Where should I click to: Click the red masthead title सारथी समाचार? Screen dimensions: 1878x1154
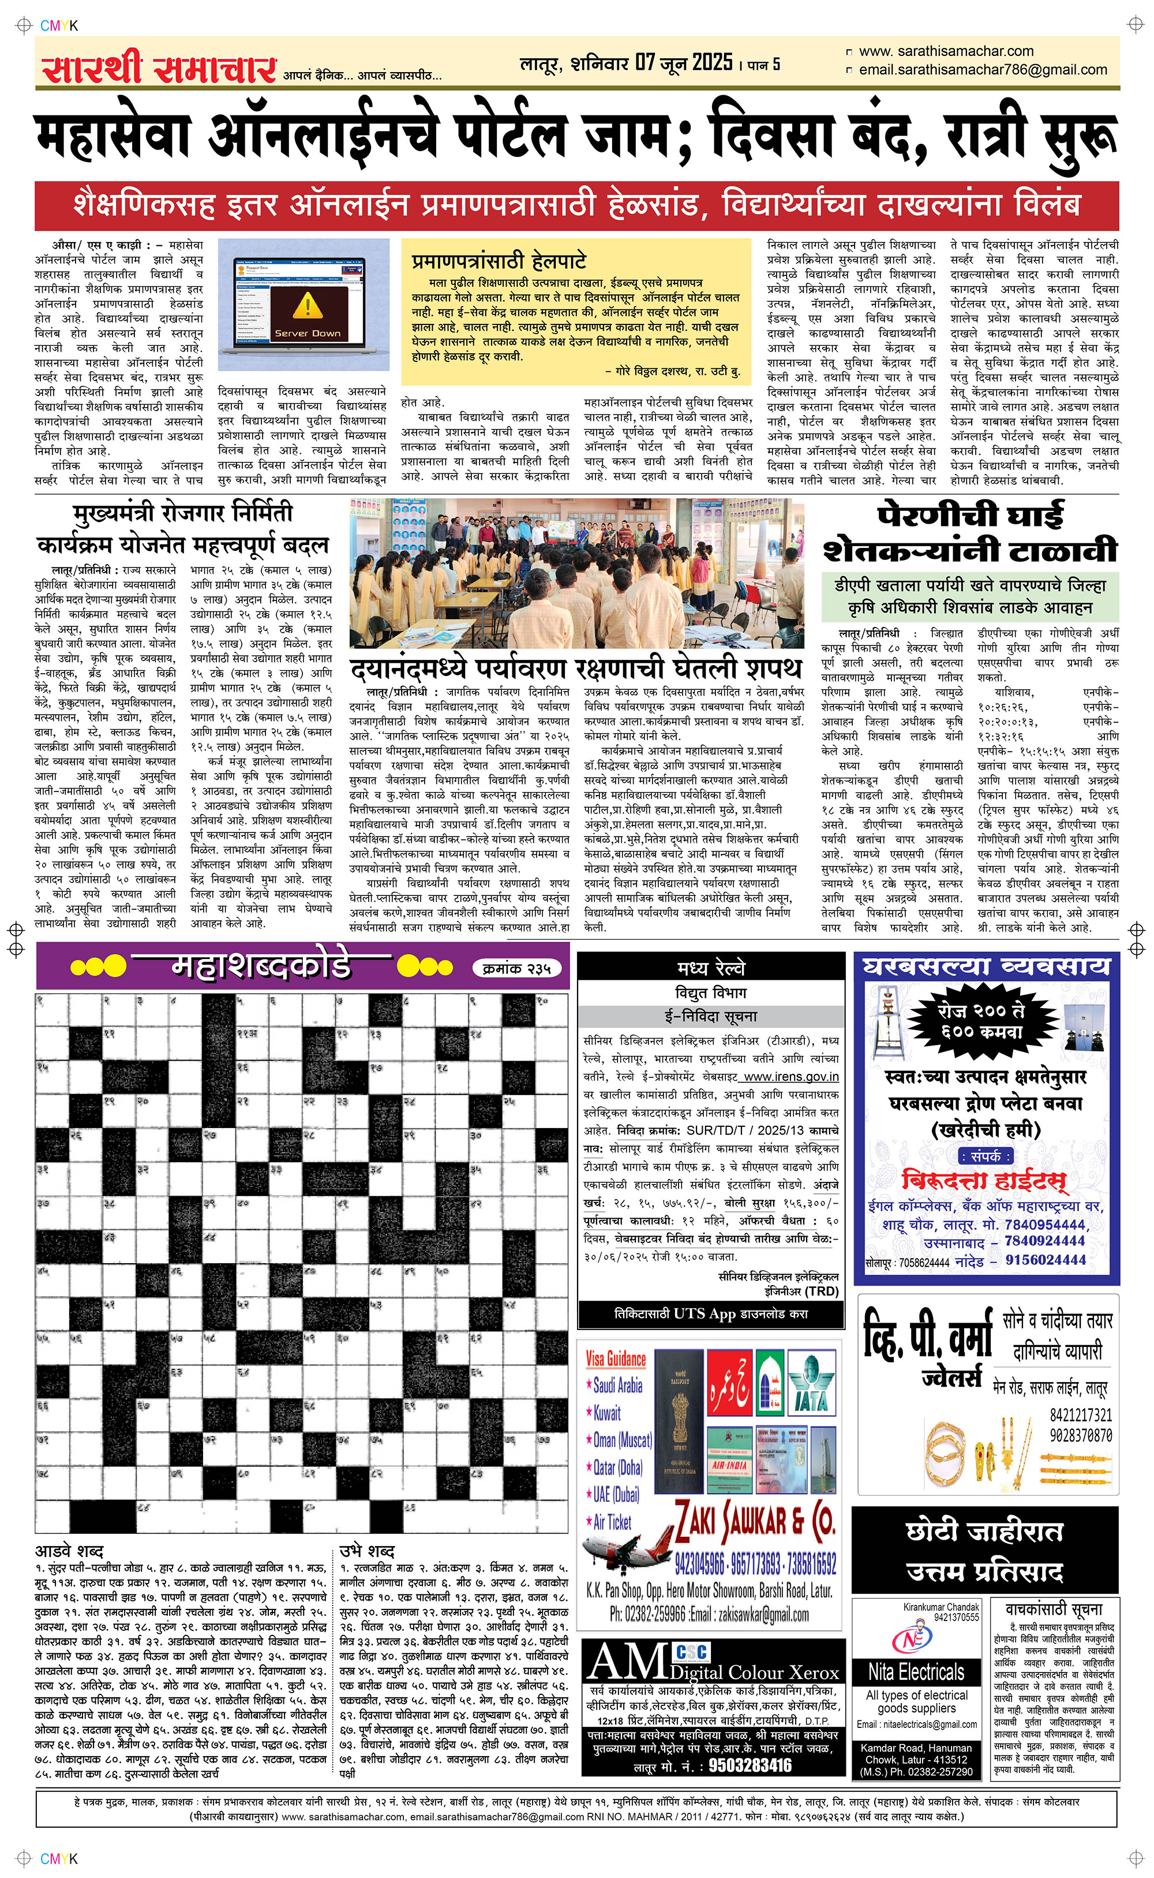[x=159, y=69]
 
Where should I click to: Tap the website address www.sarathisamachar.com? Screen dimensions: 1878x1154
[x=946, y=51]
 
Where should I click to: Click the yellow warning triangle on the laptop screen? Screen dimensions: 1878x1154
[x=308, y=305]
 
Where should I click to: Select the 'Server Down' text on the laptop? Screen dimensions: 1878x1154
[x=308, y=333]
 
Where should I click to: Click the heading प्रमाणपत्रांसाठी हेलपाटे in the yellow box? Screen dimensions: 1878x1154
[x=499, y=261]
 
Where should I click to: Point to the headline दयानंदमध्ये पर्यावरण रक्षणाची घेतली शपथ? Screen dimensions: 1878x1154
[x=576, y=668]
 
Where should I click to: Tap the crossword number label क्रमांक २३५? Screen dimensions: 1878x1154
[x=517, y=969]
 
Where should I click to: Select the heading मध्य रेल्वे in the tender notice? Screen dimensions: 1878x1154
[x=710, y=968]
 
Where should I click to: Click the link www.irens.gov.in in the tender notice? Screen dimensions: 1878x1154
[x=790, y=1077]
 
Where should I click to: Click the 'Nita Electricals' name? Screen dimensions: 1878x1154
[x=916, y=1672]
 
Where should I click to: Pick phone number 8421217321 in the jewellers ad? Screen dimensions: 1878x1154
[x=1080, y=1414]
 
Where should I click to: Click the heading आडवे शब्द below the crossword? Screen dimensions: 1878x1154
[x=69, y=1551]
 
